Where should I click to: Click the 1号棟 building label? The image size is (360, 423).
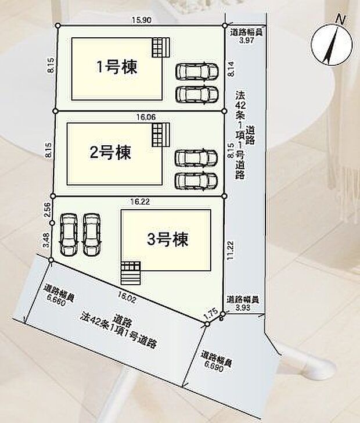click(x=117, y=67)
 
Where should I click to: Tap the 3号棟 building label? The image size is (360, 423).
click(x=168, y=239)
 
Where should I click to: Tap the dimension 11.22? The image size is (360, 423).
click(x=231, y=252)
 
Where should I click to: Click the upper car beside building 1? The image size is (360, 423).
click(x=197, y=71)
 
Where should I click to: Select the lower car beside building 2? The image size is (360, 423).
click(x=197, y=181)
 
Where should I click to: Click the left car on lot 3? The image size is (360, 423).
click(x=69, y=234)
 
